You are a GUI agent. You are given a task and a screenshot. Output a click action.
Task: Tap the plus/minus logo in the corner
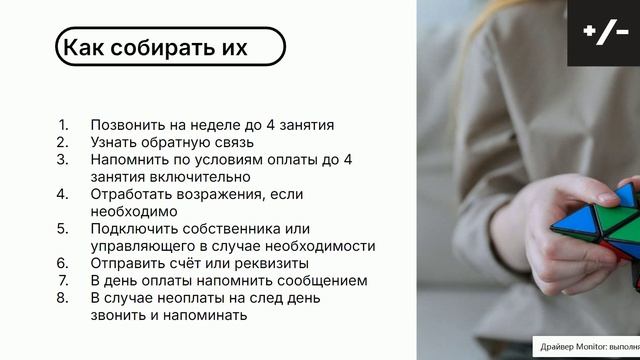[x=605, y=33]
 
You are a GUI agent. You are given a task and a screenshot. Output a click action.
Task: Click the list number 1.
[x=63, y=125]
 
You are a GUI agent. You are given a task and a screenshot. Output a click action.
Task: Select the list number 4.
[x=63, y=193]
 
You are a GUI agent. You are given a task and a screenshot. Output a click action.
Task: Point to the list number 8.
[x=63, y=298]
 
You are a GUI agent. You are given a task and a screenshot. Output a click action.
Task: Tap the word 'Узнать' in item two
[x=113, y=142]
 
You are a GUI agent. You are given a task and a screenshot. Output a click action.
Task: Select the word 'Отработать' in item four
[x=129, y=193]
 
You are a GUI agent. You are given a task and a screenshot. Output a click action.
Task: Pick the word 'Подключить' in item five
[x=130, y=228]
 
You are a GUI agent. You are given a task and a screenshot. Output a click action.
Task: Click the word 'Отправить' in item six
[x=124, y=263]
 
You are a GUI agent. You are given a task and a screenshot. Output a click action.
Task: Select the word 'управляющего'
[x=143, y=245]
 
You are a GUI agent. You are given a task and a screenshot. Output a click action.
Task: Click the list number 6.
[x=63, y=263]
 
